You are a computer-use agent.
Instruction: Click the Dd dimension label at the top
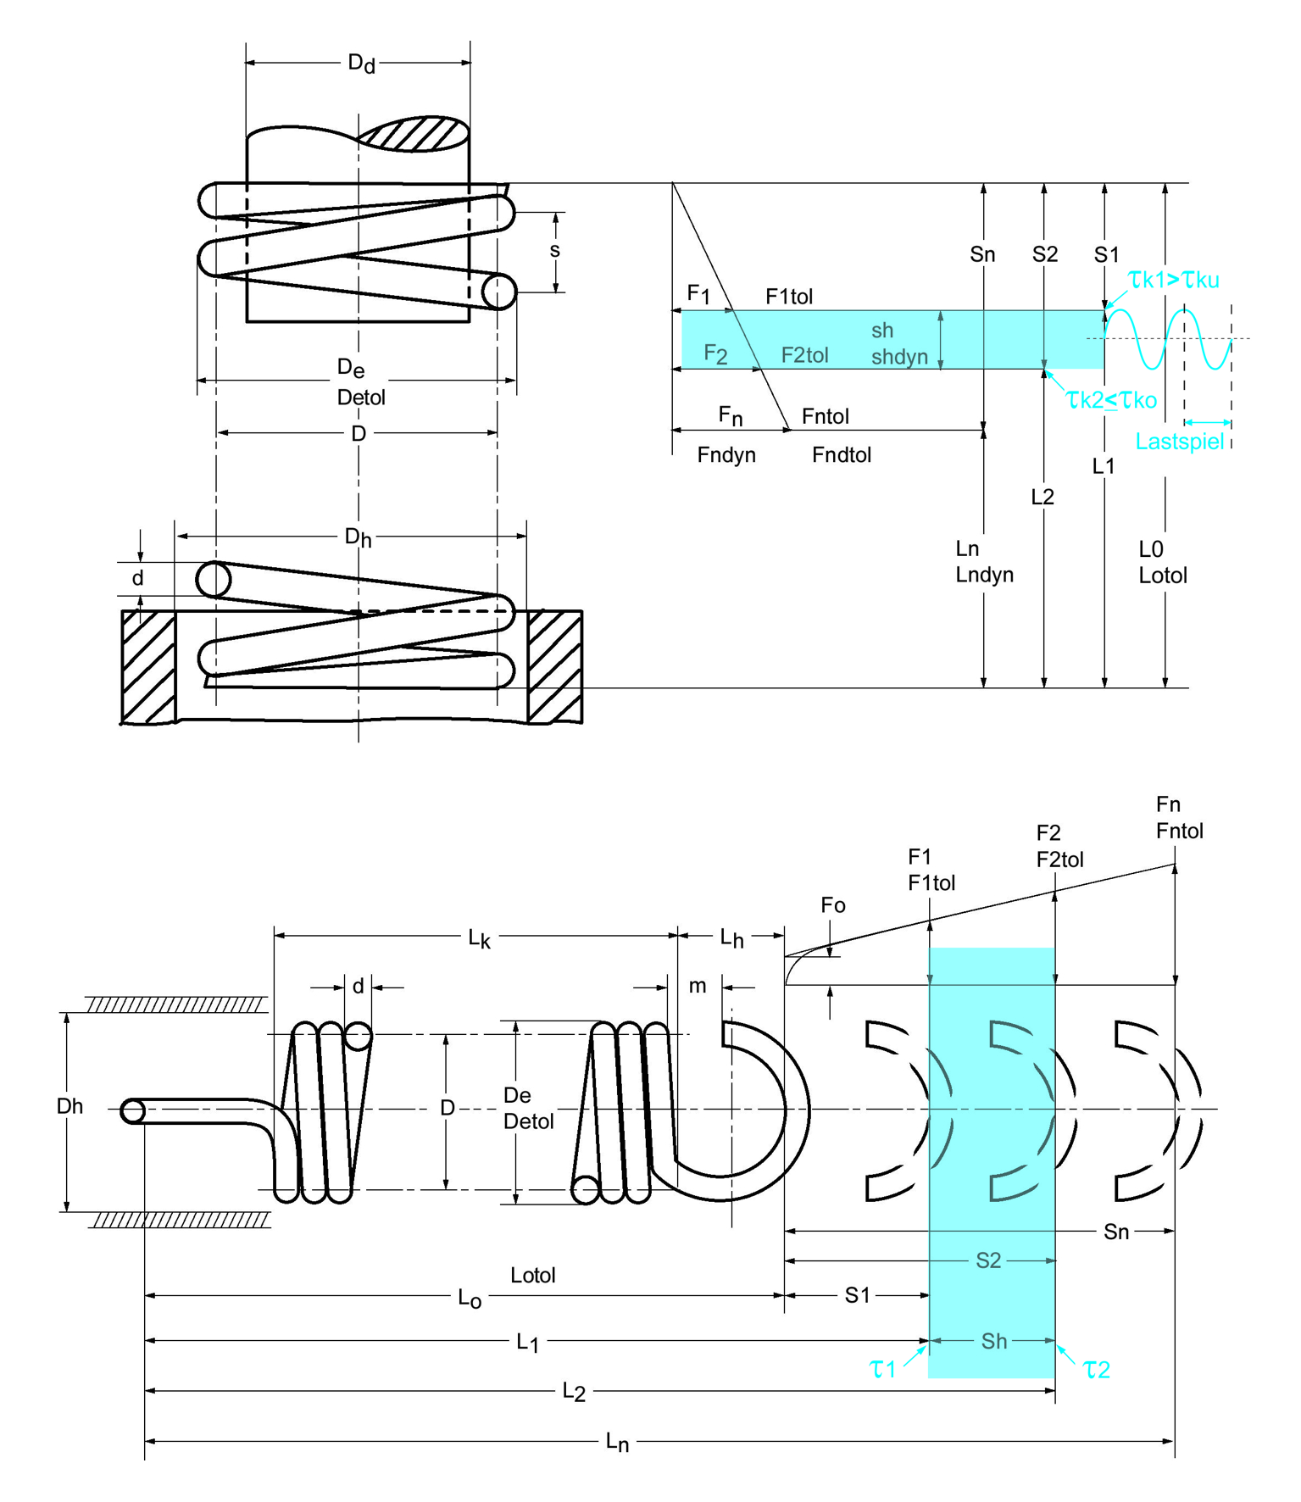coord(361,64)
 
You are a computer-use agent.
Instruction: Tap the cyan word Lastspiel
coord(1179,442)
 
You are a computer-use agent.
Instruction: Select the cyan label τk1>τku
coord(1174,280)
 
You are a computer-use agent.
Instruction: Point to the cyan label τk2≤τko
coord(1111,400)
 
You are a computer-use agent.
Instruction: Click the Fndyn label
coord(726,455)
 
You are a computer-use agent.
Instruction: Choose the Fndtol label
coord(842,455)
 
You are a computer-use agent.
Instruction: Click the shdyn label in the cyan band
coord(899,357)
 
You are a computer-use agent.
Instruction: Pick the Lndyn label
coord(984,575)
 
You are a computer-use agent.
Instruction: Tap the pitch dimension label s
coord(555,250)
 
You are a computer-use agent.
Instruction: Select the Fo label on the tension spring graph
coord(833,905)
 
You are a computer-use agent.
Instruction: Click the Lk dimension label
coord(479,938)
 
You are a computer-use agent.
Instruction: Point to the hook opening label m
coord(698,986)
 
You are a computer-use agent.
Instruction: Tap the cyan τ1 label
coord(882,1369)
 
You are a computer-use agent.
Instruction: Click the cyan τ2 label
coord(1097,1369)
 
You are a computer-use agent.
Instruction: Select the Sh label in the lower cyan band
coord(994,1341)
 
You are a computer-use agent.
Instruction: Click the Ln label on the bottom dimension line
coord(617,1442)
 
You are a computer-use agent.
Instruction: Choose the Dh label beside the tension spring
coord(69,1106)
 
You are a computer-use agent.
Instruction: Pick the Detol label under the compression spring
coord(361,398)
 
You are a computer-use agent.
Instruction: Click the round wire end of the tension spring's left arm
coord(133,1110)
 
